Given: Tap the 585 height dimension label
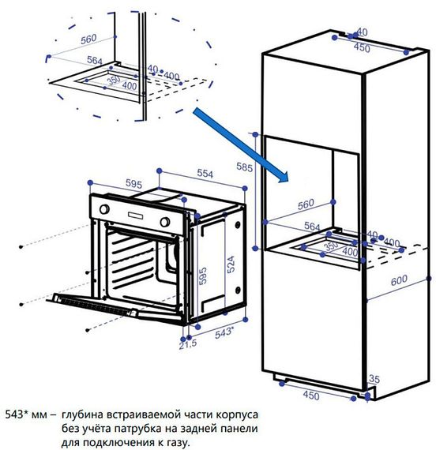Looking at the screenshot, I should coord(244,167).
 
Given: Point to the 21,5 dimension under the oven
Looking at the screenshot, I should coord(187,345).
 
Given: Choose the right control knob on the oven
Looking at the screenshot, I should coord(167,222).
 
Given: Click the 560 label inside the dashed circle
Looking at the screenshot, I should coord(88,38).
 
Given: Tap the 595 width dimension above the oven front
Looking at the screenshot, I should coord(133,183).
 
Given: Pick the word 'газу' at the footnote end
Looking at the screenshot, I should coord(176,441).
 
